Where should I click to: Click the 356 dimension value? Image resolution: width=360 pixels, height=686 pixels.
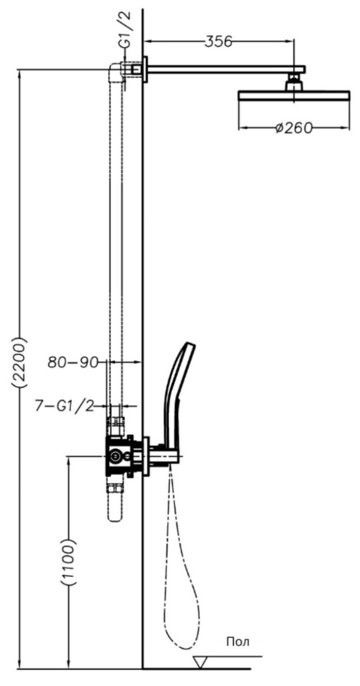[x=218, y=42]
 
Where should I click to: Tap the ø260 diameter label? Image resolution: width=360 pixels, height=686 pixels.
[x=294, y=128]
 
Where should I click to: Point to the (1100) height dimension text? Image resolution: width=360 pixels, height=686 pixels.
[x=69, y=562]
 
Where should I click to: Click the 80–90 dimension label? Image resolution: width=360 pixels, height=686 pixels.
[x=73, y=363]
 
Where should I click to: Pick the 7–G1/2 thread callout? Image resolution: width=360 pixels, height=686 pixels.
[x=65, y=407]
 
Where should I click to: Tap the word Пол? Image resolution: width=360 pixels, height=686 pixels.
[x=238, y=642]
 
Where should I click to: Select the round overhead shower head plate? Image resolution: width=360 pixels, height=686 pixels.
[x=294, y=96]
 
